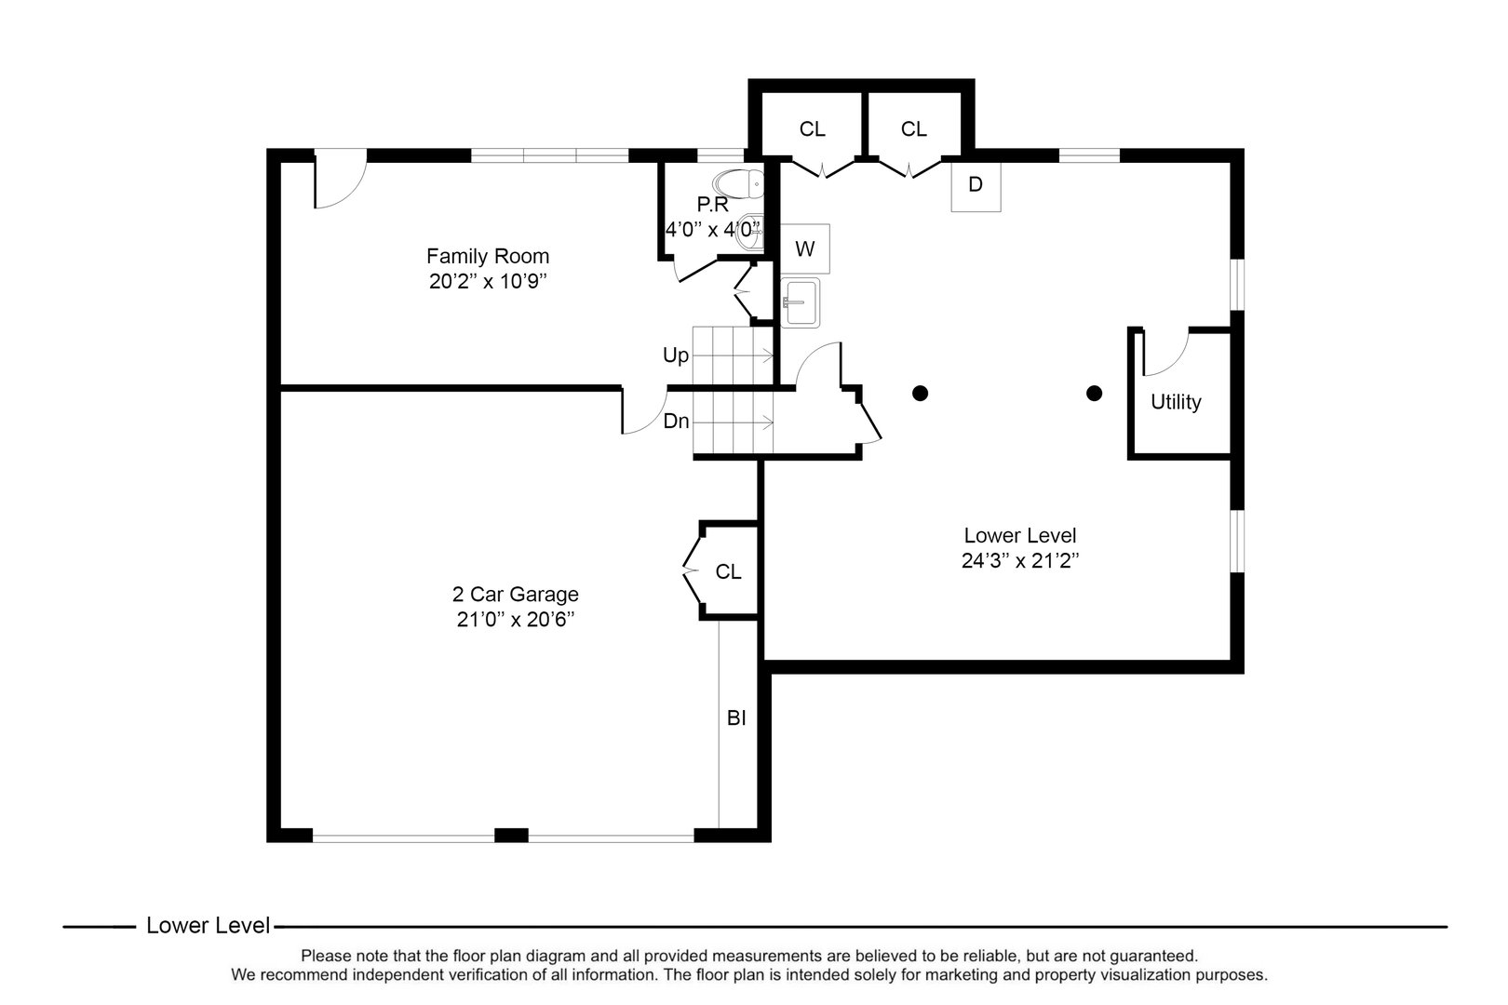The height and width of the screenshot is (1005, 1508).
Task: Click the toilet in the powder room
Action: pos(739,184)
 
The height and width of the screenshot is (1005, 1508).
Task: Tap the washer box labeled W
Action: pos(804,248)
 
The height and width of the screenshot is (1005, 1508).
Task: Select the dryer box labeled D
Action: pos(976,185)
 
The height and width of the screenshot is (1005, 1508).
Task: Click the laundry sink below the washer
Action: pos(800,302)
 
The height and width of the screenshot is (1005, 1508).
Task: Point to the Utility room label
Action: pos(1176,402)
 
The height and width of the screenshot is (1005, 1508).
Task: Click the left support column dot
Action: pos(920,393)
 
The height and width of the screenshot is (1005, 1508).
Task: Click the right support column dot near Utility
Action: pos(1095,393)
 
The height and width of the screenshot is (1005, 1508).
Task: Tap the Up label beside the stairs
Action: pos(676,355)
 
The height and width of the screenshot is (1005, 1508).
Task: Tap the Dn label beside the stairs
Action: pos(677,422)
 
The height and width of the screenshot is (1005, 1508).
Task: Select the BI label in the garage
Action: pos(736,718)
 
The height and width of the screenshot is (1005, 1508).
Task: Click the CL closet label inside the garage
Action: pos(728,571)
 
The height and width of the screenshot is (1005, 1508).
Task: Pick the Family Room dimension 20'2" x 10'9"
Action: pos(487,281)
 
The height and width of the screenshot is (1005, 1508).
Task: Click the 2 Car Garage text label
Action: pos(515,594)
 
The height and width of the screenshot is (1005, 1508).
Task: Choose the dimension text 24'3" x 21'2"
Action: pos(1020,560)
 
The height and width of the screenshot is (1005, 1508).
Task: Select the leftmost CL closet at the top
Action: pos(812,129)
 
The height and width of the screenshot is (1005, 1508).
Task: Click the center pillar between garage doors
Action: pos(511,835)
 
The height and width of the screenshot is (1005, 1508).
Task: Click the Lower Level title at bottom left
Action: pos(208,926)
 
